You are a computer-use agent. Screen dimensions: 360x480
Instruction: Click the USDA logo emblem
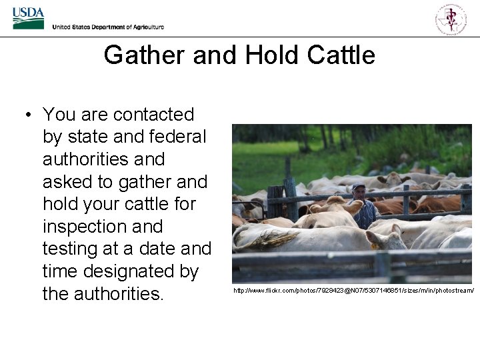(x=28, y=18)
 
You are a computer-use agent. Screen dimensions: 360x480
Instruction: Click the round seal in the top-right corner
(x=451, y=18)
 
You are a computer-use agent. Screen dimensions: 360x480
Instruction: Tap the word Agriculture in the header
(x=145, y=27)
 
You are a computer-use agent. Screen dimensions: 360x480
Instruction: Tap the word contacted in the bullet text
(x=153, y=115)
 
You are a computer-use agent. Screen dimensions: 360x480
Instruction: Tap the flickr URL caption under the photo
(x=353, y=291)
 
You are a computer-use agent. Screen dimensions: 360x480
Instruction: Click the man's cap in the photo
(x=359, y=186)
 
